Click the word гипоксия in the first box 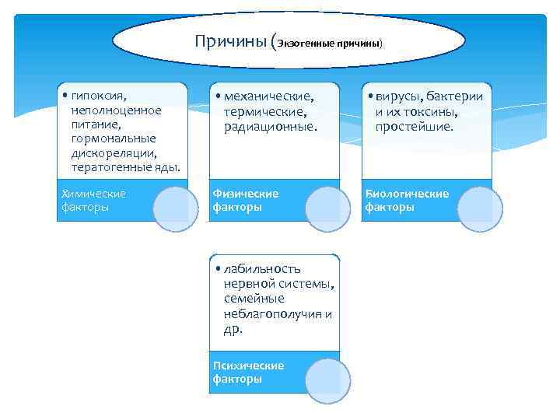point(96,96)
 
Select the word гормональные point(106,138)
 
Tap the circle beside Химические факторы point(176,208)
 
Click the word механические point(269,96)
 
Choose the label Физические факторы point(245,200)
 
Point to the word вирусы point(397,96)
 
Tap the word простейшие point(414,124)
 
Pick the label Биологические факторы point(407,200)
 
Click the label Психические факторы point(248,372)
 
